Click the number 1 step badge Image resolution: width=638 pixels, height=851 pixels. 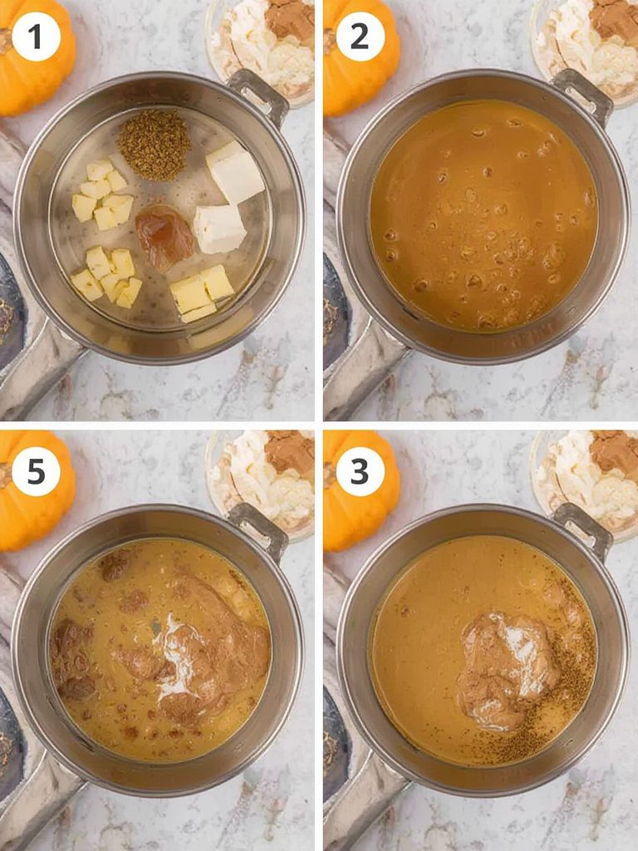[36, 37]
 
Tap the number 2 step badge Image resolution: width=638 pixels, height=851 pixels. [360, 37]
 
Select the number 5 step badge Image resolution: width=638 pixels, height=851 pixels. [36, 472]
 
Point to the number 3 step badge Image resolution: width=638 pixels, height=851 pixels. [360, 472]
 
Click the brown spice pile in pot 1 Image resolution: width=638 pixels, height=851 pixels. [154, 145]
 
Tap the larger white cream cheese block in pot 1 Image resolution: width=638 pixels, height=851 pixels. [235, 172]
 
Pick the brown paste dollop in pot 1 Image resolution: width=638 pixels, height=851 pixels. [164, 236]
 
